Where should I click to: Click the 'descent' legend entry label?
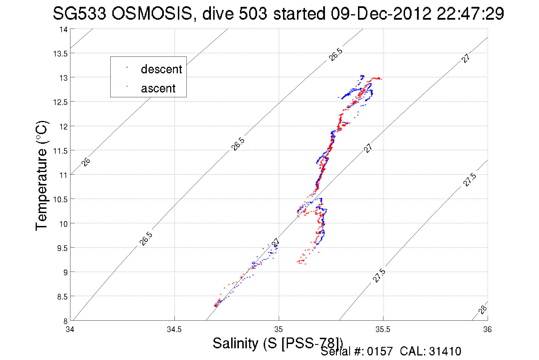pos(161,69)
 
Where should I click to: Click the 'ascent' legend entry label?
pos(158,88)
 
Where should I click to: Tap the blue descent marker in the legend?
pos(127,68)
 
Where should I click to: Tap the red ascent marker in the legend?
pos(127,86)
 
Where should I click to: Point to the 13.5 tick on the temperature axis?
pos(60,54)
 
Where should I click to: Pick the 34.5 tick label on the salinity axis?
pos(174,329)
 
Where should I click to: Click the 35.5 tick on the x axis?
pos(383,329)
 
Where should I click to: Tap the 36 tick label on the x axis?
pos(487,329)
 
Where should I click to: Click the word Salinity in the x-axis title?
pos(235,343)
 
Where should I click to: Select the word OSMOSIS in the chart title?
pos(152,13)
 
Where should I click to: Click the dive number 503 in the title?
pos(253,13)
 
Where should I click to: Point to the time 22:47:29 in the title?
pos(470,13)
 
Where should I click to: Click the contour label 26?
pos(86,162)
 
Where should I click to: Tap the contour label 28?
pos(483,310)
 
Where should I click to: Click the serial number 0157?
pos(380,351)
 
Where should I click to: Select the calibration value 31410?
pos(445,351)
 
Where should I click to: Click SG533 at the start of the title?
pos(80,13)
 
